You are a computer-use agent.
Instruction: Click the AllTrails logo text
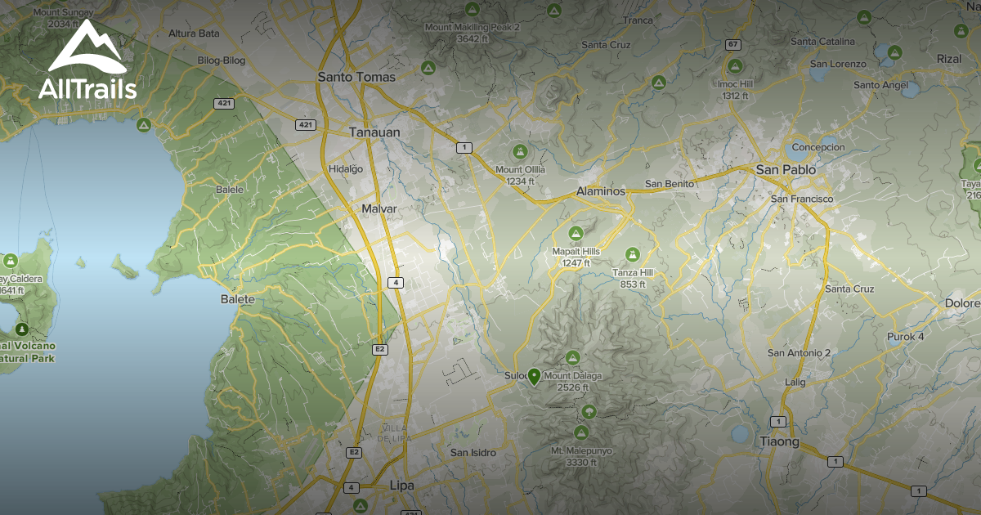87,89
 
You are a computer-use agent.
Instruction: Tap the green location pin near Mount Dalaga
534,376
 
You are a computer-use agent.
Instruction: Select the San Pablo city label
786,169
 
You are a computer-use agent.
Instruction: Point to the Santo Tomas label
356,77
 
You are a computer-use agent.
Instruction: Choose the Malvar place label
379,209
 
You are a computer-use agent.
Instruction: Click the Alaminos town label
600,190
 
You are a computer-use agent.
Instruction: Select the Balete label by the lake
238,299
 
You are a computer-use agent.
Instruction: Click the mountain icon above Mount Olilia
519,152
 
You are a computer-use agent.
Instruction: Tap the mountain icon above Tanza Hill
632,255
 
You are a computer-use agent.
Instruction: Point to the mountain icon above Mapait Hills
576,234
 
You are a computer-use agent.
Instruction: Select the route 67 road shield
733,44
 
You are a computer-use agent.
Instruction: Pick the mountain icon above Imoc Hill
735,66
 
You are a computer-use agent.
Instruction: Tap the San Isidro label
473,452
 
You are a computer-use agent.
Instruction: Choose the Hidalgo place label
345,168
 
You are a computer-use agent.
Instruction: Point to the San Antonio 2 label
799,352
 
